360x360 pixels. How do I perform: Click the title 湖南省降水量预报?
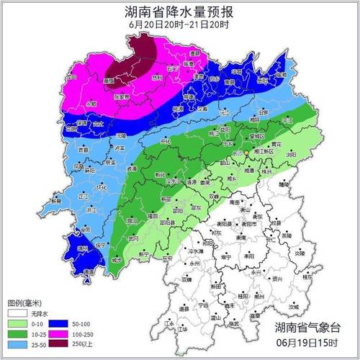pos(179,12)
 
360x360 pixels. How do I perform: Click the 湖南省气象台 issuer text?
pos(310,328)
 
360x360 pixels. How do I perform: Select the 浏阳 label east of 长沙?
pos(289,154)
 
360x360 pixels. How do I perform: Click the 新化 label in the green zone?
pos(160,175)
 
